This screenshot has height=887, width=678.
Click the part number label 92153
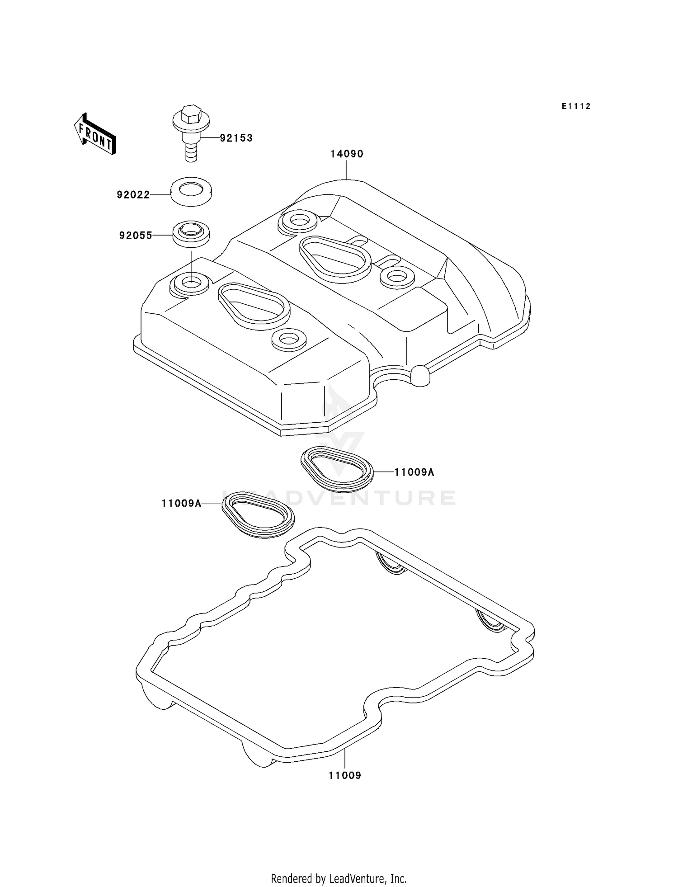coord(236,138)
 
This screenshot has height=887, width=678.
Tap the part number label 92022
coord(133,195)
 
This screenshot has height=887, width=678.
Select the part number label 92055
coord(136,236)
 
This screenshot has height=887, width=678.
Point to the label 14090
coord(347,154)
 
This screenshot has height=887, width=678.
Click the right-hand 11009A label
coord(414,472)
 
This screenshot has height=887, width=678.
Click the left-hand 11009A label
coord(181,503)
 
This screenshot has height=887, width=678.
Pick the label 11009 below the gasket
coord(344,776)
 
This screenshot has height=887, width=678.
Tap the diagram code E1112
coord(576,106)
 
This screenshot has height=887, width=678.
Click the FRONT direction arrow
coord(95,134)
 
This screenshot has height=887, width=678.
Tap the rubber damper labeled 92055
coord(191,233)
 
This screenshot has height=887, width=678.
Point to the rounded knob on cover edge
coord(420,375)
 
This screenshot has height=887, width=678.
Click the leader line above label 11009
coord(344,760)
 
